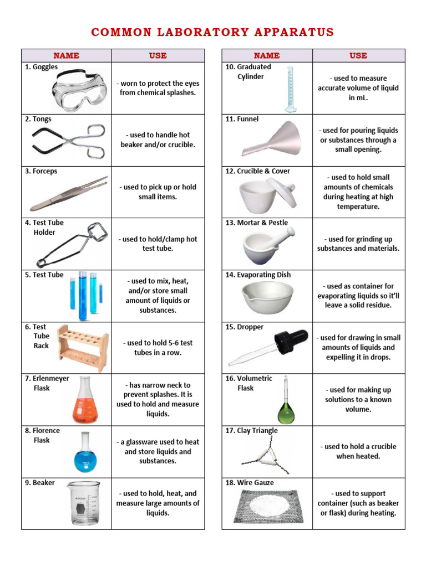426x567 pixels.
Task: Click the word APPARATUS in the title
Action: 293,32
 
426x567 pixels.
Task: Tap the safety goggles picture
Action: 77,89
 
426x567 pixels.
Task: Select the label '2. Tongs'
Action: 38,119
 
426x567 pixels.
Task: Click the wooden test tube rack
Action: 82,348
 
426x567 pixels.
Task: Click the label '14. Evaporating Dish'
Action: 258,275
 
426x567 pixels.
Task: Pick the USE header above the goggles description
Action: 158,55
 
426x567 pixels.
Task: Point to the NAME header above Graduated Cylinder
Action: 267,55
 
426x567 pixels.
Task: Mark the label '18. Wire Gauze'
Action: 250,483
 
